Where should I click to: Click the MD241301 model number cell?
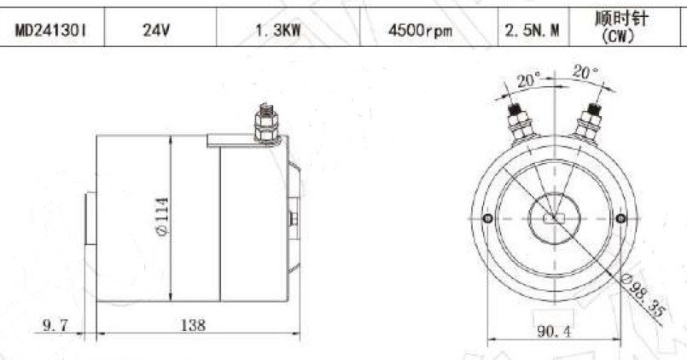51,31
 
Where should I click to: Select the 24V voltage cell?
155,31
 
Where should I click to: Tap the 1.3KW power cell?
277,31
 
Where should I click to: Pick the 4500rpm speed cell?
420,31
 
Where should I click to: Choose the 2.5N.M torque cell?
532,31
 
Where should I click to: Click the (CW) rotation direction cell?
620,36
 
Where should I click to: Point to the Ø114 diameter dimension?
162,217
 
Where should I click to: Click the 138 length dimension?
193,325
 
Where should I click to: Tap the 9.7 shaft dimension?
55,325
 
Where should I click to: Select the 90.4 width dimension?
554,331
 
